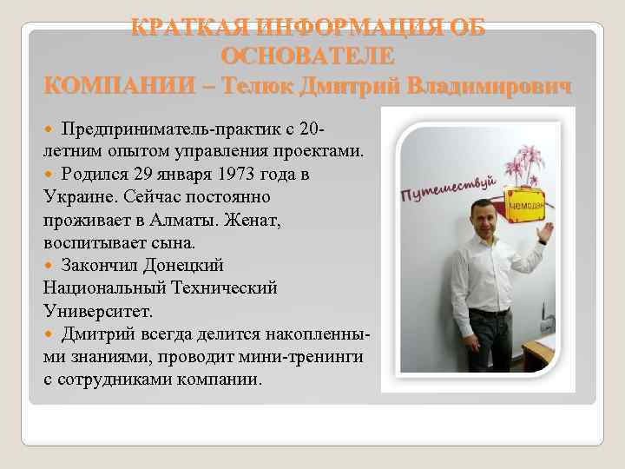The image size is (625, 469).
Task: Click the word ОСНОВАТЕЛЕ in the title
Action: (307, 56)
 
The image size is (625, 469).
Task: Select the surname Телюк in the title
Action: (258, 87)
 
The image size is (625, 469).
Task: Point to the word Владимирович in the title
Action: (490, 87)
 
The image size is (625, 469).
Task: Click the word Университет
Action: (95, 310)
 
